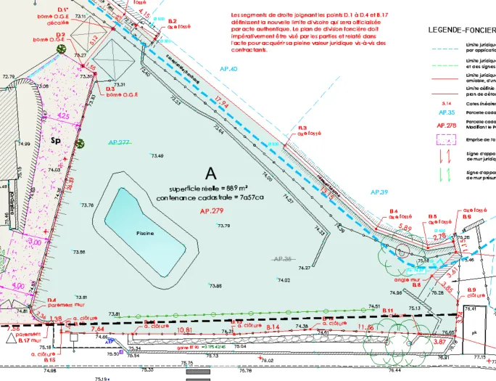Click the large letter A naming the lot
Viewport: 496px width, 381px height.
(x=211, y=173)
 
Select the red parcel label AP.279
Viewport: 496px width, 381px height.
(x=210, y=210)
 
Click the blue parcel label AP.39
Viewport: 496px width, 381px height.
(x=380, y=191)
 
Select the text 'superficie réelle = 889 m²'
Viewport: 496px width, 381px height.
(x=211, y=187)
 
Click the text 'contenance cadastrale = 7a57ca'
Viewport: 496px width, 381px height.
(x=210, y=197)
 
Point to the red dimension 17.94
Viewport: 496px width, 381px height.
(x=222, y=105)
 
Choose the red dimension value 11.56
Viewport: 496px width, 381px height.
(x=366, y=328)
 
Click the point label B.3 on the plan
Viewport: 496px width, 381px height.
(x=302, y=128)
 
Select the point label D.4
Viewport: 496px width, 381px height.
(x=51, y=300)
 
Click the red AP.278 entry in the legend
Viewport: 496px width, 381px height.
(x=445, y=126)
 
